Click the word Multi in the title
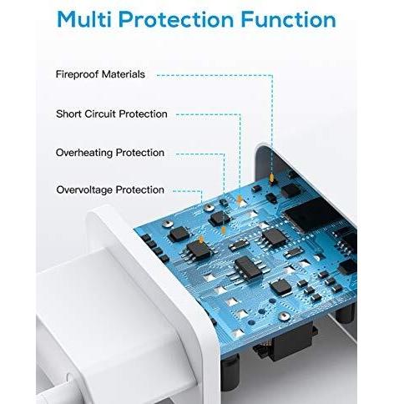pyautogui.click(x=84, y=19)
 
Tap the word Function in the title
pyautogui.click(x=289, y=19)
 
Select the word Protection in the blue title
pyautogui.click(x=176, y=19)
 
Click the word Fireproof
pyautogui.click(x=77, y=74)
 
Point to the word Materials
pyautogui.click(x=124, y=74)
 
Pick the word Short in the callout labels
pyautogui.click(x=68, y=114)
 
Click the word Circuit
pyautogui.click(x=100, y=114)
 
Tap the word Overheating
pyautogui.click(x=84, y=153)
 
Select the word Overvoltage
pyautogui.click(x=84, y=189)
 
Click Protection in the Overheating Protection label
pyautogui.click(x=140, y=153)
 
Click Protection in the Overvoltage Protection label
pyautogui.click(x=140, y=189)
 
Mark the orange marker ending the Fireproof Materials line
pyautogui.click(x=272, y=179)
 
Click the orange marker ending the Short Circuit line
pyautogui.click(x=239, y=199)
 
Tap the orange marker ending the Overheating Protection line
pyautogui.click(x=223, y=230)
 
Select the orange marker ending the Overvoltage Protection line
pyautogui.click(x=200, y=240)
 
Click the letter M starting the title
pyautogui.click(x=67, y=19)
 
